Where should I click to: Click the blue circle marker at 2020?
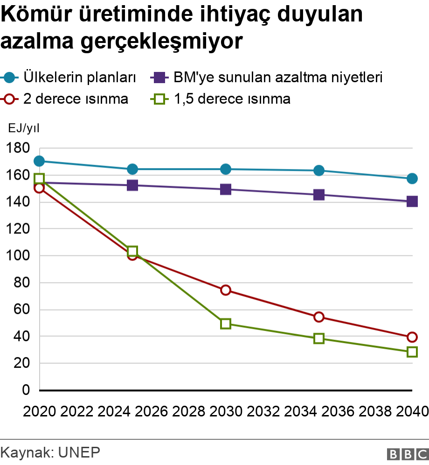pos(39,161)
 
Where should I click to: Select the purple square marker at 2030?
pos(226,189)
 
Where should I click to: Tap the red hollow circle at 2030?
pos(226,290)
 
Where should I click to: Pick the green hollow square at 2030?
pos(226,324)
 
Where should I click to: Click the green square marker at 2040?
pos(412,352)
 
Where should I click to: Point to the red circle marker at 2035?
pos(319,317)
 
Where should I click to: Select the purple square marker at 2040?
pos(412,201)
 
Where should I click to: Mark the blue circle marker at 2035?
pos(319,170)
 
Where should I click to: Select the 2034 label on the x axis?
pos(301,411)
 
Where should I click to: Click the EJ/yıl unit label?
pos(24,127)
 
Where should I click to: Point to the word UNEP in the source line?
pos(79,452)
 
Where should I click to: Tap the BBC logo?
pos(408,453)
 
